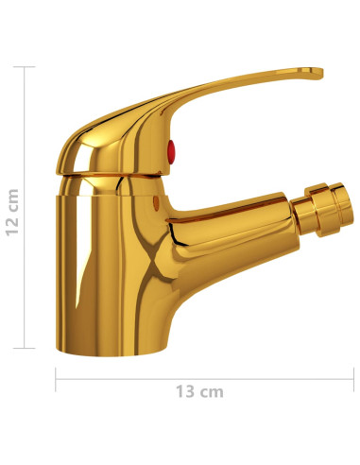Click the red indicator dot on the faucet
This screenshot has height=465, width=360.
172,146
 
